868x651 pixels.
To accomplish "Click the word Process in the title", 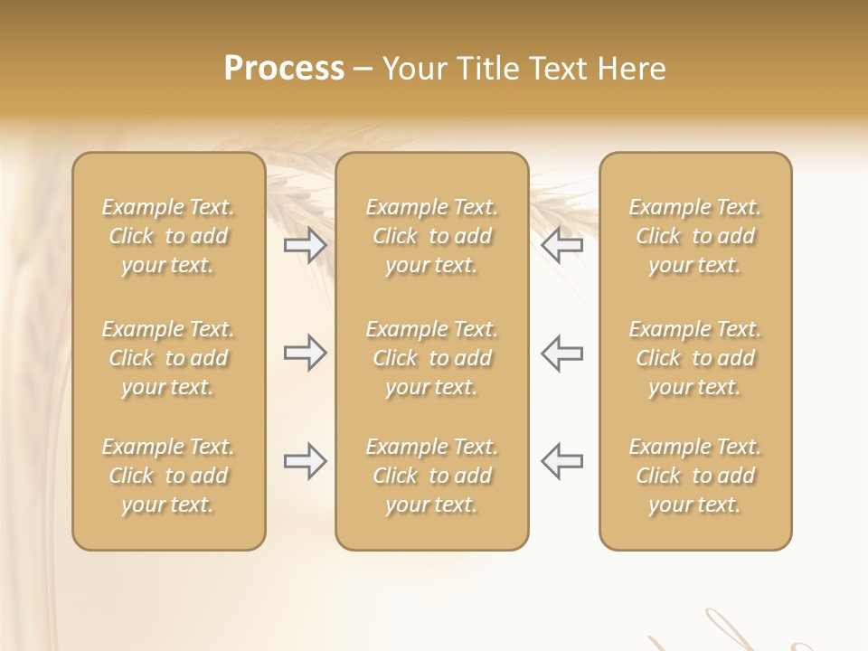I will [x=284, y=69].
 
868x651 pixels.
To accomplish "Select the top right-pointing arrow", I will [x=305, y=244].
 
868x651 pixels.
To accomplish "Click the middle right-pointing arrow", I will [x=305, y=353].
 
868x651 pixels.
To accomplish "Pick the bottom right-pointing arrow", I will [x=305, y=461].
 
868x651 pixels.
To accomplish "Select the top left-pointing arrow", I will [x=562, y=244].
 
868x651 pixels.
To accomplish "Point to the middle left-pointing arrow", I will [x=562, y=353].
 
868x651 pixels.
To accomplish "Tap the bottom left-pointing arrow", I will [x=562, y=461].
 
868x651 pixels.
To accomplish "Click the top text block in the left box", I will [x=168, y=236].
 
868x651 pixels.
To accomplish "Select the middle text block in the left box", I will [x=168, y=358].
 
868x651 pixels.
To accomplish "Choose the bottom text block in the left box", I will [x=168, y=476].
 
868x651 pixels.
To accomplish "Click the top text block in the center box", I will [x=432, y=236].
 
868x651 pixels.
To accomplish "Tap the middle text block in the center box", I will [x=432, y=358].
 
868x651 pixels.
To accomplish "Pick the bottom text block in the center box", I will [x=432, y=476].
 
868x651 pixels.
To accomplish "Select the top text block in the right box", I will [x=695, y=236].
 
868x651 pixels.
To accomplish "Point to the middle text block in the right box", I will [x=695, y=358].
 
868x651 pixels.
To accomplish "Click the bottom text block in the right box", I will [x=695, y=476].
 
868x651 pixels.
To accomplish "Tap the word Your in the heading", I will [x=412, y=69].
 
